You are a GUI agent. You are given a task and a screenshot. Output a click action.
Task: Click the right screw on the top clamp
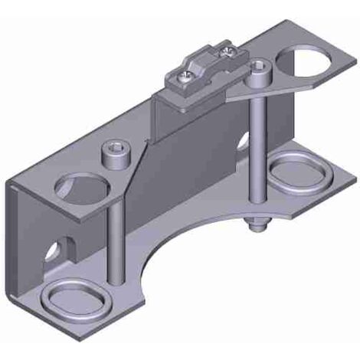point(229,52)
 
